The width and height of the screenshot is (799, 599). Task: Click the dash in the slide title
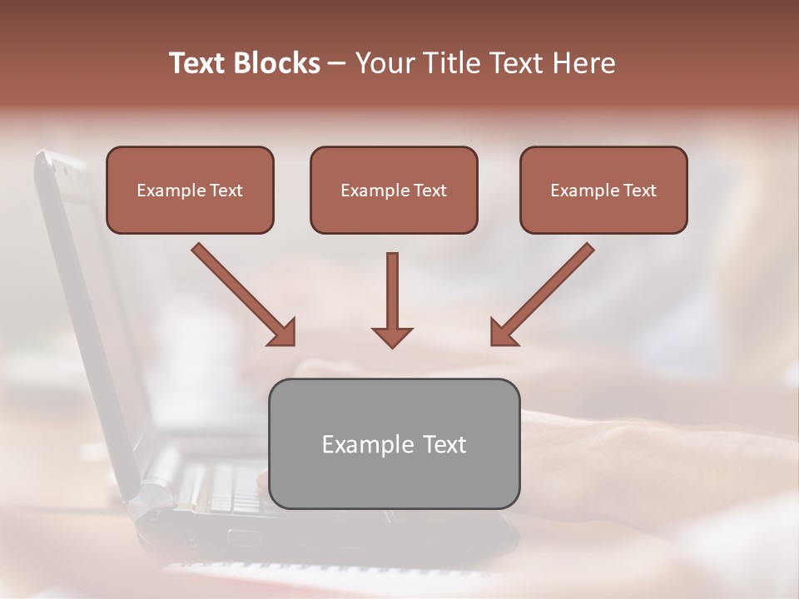coord(337,64)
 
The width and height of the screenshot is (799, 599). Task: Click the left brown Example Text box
coord(190,191)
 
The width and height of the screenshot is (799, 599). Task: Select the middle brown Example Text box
coord(394,191)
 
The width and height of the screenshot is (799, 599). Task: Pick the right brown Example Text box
coord(603,191)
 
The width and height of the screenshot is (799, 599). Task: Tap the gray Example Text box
coord(394,443)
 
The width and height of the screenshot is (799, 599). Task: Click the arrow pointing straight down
coord(392,299)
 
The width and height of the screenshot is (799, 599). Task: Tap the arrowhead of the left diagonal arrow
coord(283,333)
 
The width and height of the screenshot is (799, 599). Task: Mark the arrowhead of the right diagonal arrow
coord(503,333)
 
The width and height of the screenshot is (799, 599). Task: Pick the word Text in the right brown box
coord(640,191)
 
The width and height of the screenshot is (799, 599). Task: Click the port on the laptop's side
coord(242,538)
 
